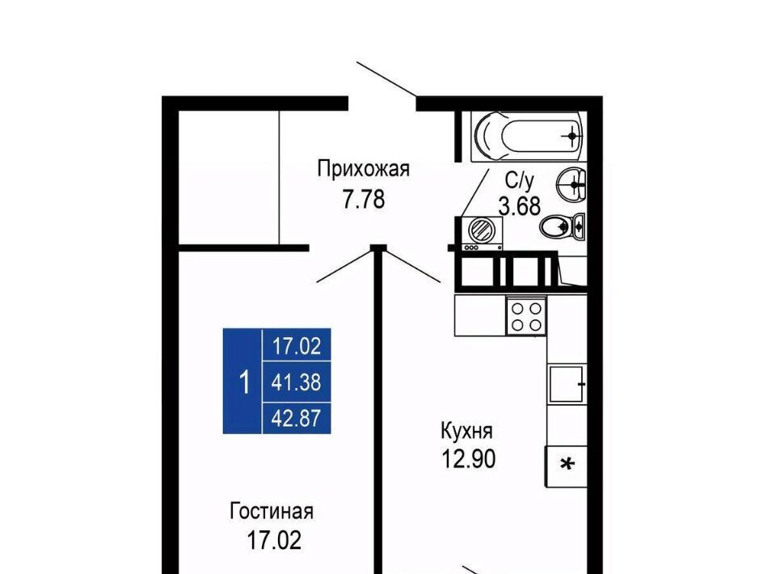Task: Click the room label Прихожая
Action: tap(363, 169)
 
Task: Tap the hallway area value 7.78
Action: tap(364, 200)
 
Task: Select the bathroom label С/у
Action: tap(519, 181)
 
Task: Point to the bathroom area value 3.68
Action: tap(520, 206)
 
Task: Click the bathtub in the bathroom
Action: tap(529, 135)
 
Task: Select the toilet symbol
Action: tap(563, 227)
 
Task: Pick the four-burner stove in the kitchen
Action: tap(526, 316)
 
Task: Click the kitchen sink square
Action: tap(567, 384)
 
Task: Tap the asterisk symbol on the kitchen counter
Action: tap(567, 464)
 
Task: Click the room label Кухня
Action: tap(466, 431)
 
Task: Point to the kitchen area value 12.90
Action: tap(468, 459)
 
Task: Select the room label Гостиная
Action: tap(272, 511)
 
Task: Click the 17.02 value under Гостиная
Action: tap(274, 540)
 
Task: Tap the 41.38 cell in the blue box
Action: tap(297, 382)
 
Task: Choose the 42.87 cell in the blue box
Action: tap(297, 419)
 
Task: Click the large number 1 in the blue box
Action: tap(243, 382)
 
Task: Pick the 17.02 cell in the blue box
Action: tap(297, 345)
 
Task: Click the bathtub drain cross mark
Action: tap(572, 135)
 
